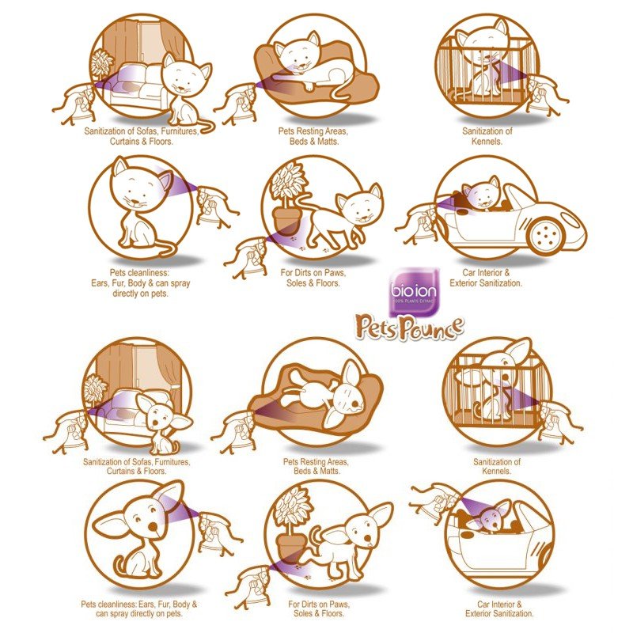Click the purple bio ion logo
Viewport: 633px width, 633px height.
tap(414, 291)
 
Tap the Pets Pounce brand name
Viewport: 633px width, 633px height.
tap(409, 328)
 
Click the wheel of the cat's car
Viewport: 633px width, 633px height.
tap(547, 235)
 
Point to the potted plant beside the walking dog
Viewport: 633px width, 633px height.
tap(294, 525)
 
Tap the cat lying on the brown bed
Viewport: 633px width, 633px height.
tap(313, 64)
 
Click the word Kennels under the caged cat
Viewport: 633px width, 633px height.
tap(487, 142)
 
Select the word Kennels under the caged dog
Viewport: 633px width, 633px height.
tap(497, 471)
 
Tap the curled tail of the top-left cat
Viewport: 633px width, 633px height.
tap(205, 124)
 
